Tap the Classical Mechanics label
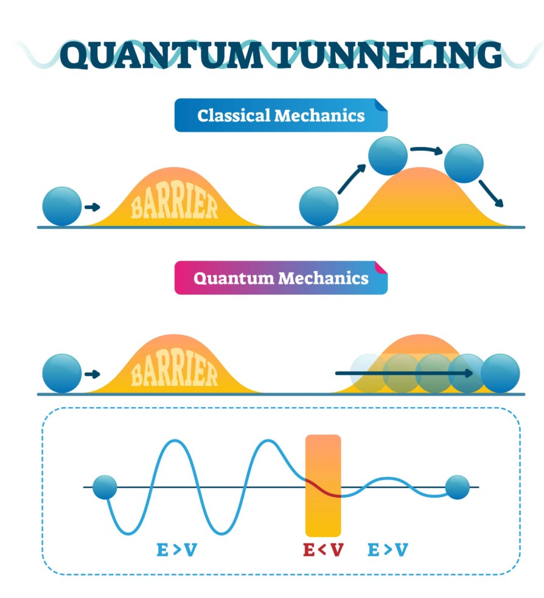tap(281, 115)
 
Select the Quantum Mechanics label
tap(281, 278)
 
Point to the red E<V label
tap(324, 550)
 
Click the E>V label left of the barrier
tap(177, 550)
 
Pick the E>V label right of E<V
tap(388, 550)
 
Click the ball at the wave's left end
tap(105, 487)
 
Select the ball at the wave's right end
tap(458, 487)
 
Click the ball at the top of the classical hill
tap(388, 155)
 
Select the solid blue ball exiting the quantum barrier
tap(500, 373)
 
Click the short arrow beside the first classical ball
tap(92, 208)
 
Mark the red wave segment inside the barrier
tap(323, 488)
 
